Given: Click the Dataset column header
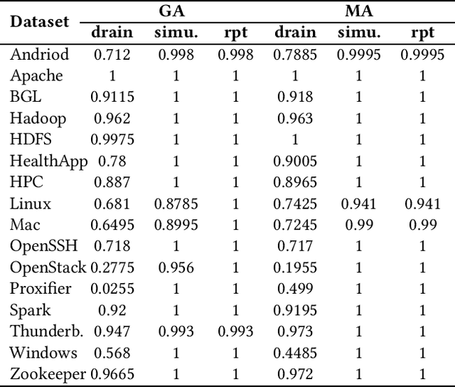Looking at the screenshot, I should tap(39, 21).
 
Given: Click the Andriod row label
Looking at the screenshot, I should tap(39, 55).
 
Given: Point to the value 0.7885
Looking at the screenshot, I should tap(295, 55).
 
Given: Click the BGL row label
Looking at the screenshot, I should tap(26, 97).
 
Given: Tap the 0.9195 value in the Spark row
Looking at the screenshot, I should tap(295, 310).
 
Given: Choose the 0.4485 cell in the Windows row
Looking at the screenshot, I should tap(295, 353).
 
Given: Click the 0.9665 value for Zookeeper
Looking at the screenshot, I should tap(112, 374).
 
